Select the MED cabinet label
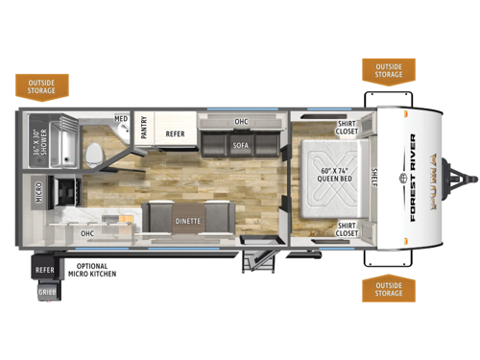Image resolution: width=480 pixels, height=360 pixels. point(121,120)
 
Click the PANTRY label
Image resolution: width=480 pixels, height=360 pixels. point(143,129)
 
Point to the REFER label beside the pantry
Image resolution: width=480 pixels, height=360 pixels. point(174,134)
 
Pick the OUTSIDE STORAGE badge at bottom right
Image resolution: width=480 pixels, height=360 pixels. point(388,290)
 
